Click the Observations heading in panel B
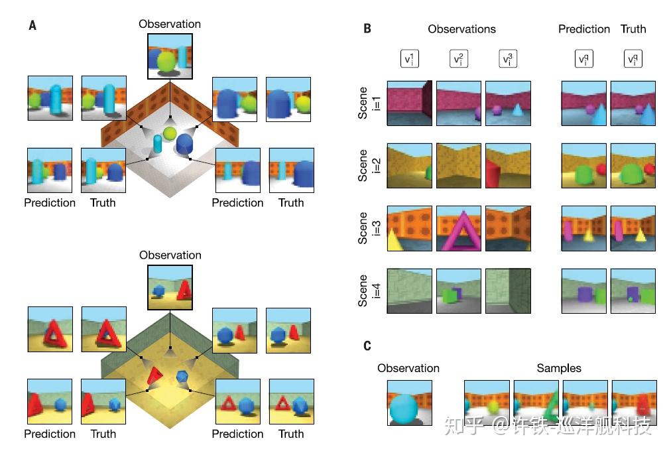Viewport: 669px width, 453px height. (x=461, y=29)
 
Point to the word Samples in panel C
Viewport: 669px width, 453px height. (x=558, y=368)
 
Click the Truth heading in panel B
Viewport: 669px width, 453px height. (x=633, y=29)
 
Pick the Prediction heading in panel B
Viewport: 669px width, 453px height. (x=583, y=29)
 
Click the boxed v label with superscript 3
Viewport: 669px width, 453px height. (x=507, y=59)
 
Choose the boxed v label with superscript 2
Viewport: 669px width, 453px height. (x=459, y=59)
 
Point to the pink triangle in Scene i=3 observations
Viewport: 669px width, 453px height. (x=459, y=229)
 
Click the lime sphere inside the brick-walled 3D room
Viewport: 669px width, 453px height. (x=170, y=134)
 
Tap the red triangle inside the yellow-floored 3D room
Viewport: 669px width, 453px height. (x=154, y=376)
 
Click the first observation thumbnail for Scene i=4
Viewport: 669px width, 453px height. (x=409, y=291)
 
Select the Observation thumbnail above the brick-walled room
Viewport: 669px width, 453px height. (x=170, y=56)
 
